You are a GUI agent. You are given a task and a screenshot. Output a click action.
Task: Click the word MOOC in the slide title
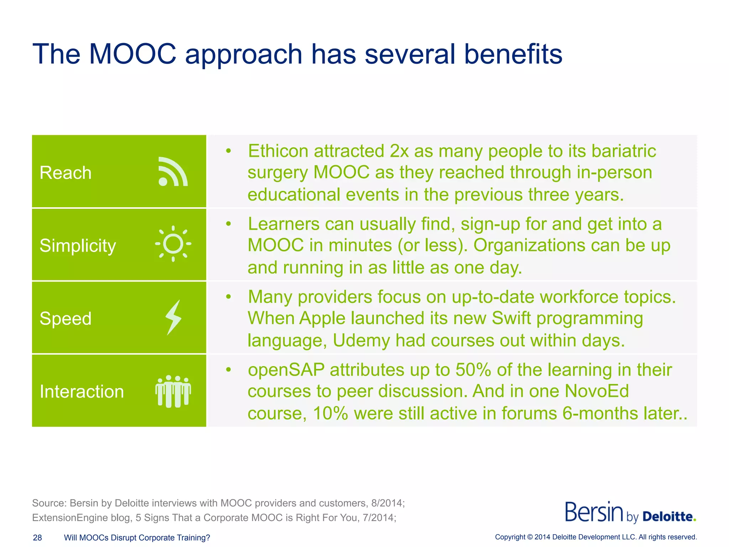(132, 54)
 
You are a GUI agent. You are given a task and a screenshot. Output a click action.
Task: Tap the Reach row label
(65, 173)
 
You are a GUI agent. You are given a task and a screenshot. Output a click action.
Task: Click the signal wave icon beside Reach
(173, 172)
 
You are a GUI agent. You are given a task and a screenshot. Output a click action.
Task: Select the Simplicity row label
(78, 246)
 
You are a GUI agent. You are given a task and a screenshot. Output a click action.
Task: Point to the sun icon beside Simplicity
(173, 244)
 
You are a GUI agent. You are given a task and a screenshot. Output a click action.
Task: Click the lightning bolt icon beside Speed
(174, 317)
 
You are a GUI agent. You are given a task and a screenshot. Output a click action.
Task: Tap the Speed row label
(65, 318)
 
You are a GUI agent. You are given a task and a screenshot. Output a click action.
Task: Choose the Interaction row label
(82, 392)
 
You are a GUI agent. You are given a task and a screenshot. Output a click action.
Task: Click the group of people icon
(173, 391)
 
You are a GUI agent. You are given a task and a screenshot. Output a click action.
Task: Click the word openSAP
(286, 370)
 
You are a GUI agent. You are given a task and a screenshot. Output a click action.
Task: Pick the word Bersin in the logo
(594, 512)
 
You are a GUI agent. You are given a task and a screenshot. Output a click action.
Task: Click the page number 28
(37, 538)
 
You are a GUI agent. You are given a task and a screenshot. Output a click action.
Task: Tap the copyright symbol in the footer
(530, 537)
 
